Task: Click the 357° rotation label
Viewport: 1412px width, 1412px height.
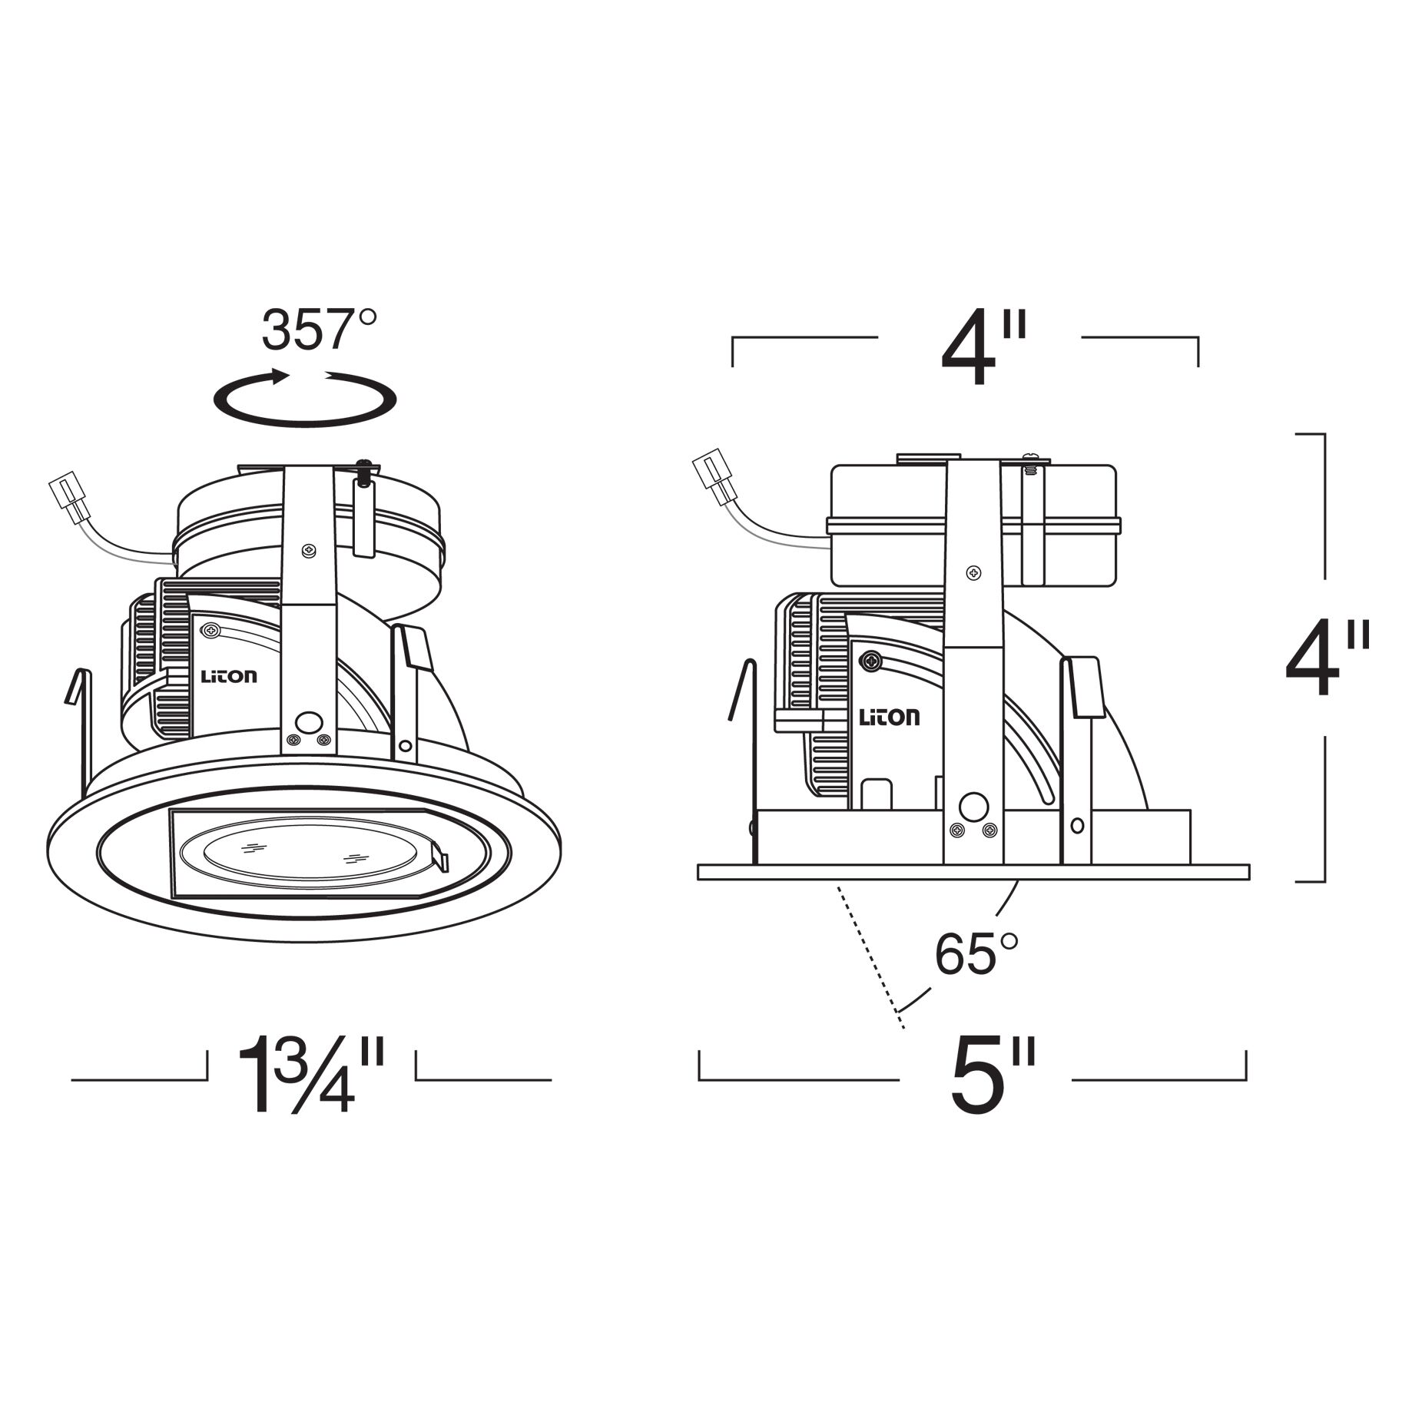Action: point(320,330)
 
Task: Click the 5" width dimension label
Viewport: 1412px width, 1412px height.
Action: point(993,1076)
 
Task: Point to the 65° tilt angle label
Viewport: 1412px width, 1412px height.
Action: point(976,954)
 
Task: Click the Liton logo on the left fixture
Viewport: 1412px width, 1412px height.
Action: point(229,676)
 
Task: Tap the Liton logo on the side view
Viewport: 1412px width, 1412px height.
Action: point(888,718)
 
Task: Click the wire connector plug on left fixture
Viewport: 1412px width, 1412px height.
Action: point(68,499)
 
